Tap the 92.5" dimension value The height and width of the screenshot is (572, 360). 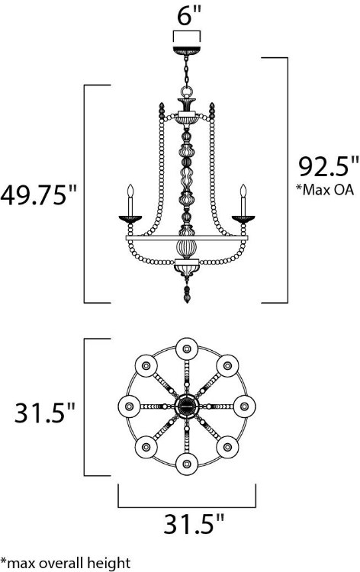pos(329,167)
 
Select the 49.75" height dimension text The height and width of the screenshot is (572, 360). pos(39,195)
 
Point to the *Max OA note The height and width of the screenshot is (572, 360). pos(324,190)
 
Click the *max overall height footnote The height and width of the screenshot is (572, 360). pos(66,563)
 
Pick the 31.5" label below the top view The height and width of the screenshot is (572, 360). pos(193,524)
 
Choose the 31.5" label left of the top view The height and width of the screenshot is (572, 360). pos(44,413)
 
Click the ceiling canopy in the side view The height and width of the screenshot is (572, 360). pos(187,50)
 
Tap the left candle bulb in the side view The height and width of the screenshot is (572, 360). pos(130,191)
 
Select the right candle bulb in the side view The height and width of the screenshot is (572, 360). pos(243,191)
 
